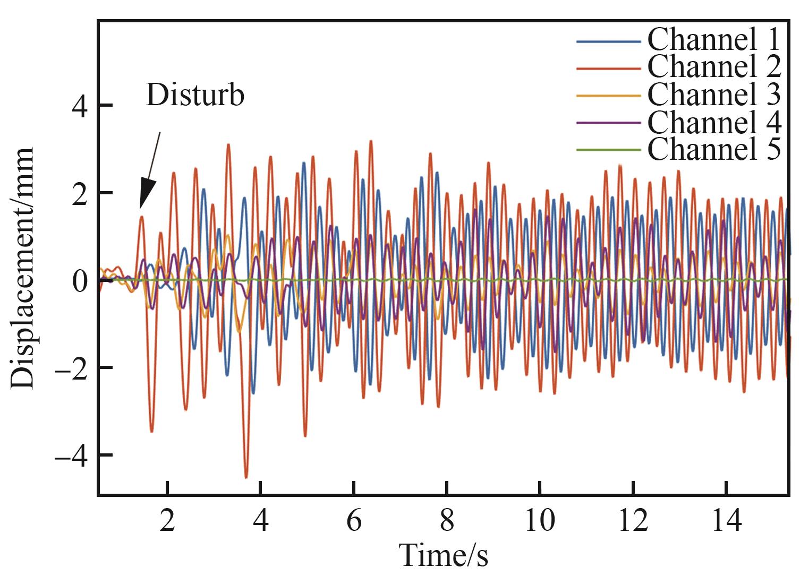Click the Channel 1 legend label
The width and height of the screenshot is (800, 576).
pyautogui.click(x=714, y=39)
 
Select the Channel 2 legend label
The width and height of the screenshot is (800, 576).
pyautogui.click(x=714, y=66)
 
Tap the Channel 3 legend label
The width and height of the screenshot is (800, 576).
pyautogui.click(x=714, y=94)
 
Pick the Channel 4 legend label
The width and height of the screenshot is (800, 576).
pyautogui.click(x=714, y=122)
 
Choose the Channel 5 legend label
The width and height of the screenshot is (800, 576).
pyautogui.click(x=714, y=149)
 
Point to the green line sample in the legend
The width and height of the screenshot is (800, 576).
pyautogui.click(x=608, y=150)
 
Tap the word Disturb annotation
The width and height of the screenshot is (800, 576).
pyautogui.click(x=195, y=96)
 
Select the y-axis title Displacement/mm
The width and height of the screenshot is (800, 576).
pyautogui.click(x=22, y=269)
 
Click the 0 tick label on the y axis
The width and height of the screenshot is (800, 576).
pyautogui.click(x=80, y=281)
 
